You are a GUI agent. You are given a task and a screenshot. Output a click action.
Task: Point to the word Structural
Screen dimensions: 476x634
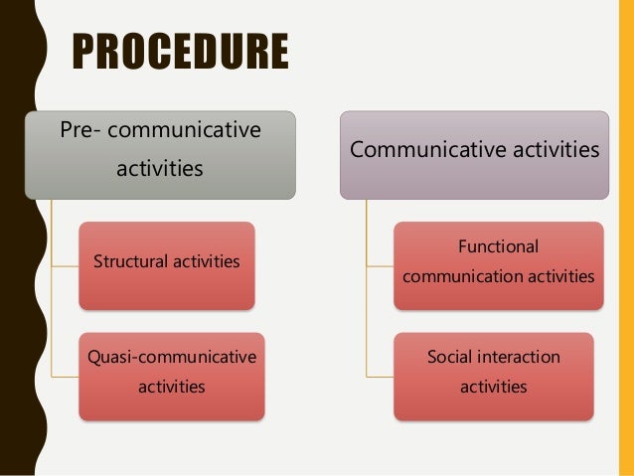[128, 262]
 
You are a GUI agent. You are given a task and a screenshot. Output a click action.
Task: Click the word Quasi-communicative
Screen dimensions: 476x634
[170, 357]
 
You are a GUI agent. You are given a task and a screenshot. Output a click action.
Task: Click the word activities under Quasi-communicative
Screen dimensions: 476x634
[171, 386]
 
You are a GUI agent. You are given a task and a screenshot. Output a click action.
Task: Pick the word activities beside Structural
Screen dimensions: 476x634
[205, 262]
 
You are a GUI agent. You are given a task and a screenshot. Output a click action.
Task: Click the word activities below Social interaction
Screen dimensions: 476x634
[493, 386]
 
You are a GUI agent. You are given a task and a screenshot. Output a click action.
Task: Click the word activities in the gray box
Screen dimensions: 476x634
[160, 169]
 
